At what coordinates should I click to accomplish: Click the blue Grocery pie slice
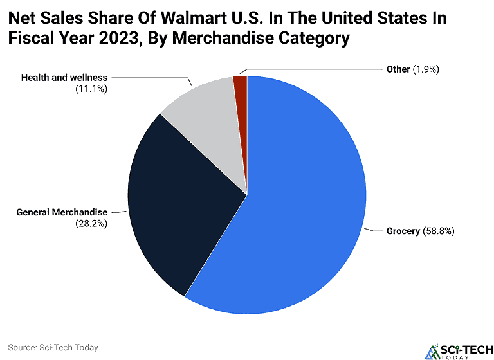pos(302,212)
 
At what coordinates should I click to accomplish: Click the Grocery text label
pos(403,231)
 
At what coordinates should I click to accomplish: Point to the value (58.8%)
pos(439,231)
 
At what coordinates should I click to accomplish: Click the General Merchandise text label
pos(62,212)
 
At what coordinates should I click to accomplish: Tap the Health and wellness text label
pos(64,78)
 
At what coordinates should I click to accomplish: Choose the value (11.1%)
pos(91,89)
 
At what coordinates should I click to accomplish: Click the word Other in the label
pos(398,69)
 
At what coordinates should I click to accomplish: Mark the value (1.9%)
pos(426,69)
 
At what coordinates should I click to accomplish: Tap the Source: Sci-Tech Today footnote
pos(53,348)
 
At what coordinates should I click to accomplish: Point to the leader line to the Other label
pos(309,69)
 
